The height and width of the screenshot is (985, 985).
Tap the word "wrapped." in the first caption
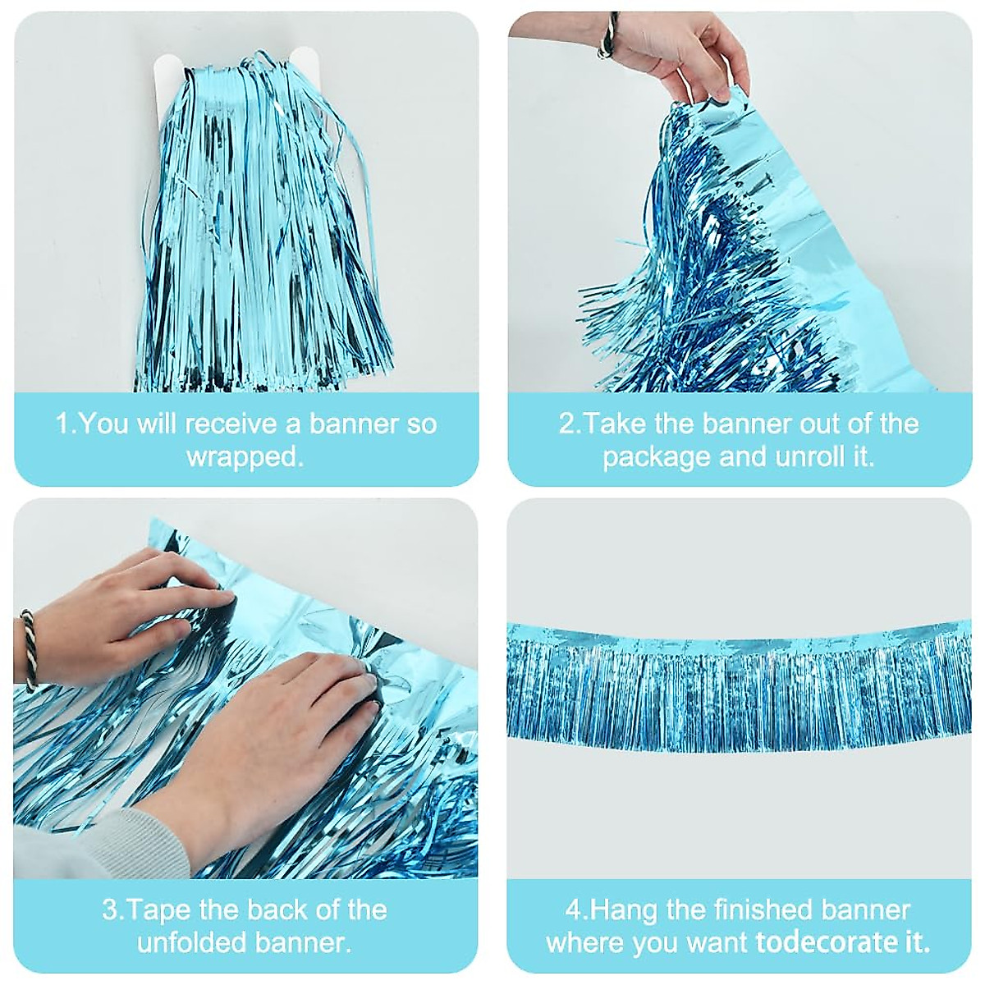(x=245, y=457)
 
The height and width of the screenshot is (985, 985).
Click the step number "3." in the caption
(x=113, y=909)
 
